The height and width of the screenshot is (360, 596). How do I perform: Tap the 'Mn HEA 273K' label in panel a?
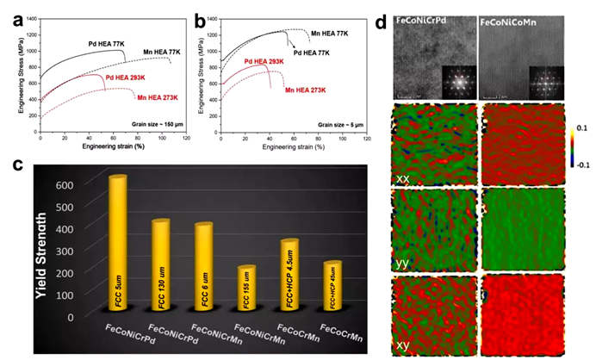(x=158, y=99)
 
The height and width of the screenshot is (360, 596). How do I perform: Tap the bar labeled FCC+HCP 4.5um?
(x=289, y=277)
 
